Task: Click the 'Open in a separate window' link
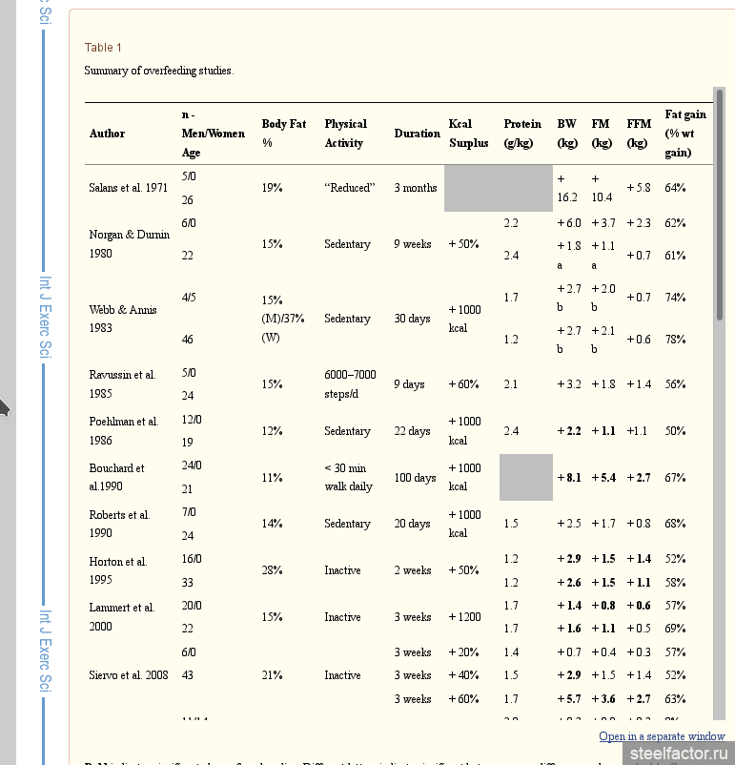(x=662, y=736)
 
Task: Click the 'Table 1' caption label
(x=103, y=48)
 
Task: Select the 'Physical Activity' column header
(x=345, y=134)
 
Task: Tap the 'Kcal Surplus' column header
(x=468, y=134)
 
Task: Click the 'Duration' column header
(x=417, y=134)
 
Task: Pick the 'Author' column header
(x=107, y=134)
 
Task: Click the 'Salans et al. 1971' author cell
(x=128, y=188)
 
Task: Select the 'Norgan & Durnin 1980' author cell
(x=129, y=244)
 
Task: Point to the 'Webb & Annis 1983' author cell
(x=123, y=319)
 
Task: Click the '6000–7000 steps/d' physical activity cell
(x=350, y=384)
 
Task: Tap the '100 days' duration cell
(x=415, y=478)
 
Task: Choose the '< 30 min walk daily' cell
(x=348, y=478)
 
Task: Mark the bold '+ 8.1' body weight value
(x=568, y=478)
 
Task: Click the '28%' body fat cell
(x=272, y=570)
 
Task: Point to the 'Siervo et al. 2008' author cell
(x=129, y=675)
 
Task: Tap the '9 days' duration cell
(x=409, y=384)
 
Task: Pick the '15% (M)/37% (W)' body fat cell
(x=283, y=319)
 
